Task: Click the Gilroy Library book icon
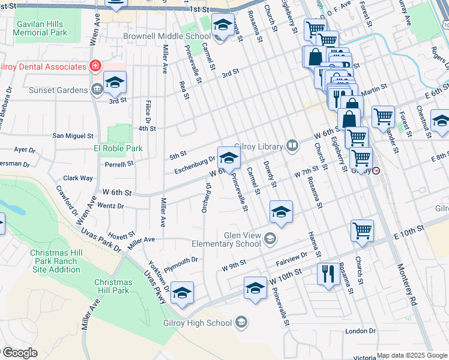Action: click(292, 145)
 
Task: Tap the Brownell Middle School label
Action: click(166, 36)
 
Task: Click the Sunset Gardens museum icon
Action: click(97, 91)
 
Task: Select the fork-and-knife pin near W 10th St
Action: click(328, 274)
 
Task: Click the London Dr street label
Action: click(360, 331)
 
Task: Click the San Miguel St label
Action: click(73, 136)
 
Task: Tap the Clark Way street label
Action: click(78, 178)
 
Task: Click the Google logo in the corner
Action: click(20, 353)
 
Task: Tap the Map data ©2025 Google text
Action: click(411, 355)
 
